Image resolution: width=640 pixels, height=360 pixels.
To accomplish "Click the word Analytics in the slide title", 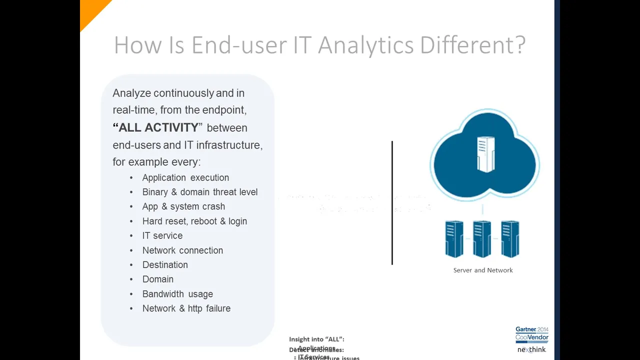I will (365, 45).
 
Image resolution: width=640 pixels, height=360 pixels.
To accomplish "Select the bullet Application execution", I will (185, 177).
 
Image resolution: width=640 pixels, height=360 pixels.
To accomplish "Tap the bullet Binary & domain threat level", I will (199, 192).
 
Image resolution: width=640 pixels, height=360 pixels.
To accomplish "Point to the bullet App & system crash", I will (183, 206).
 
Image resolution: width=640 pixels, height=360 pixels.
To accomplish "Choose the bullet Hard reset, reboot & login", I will (194, 221).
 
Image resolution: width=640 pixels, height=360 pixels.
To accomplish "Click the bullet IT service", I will (162, 235).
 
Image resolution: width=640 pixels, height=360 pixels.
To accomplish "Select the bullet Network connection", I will (182, 250).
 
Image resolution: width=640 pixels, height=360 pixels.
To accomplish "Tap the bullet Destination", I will (165, 265).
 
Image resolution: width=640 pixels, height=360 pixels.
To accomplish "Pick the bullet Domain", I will (157, 279).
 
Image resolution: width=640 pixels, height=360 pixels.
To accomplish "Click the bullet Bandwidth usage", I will (177, 294).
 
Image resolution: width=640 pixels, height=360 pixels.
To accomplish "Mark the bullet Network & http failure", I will (186, 308).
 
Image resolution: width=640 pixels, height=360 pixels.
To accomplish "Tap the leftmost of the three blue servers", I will (454, 239).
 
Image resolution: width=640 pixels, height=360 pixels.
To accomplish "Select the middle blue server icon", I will (482, 239).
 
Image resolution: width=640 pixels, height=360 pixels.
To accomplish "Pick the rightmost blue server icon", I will (510, 239).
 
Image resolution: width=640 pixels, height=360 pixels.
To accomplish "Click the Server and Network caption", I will (483, 270).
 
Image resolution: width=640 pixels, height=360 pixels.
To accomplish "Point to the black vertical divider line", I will (392, 202).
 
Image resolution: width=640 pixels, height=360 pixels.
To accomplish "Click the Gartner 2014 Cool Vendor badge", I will (532, 333).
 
